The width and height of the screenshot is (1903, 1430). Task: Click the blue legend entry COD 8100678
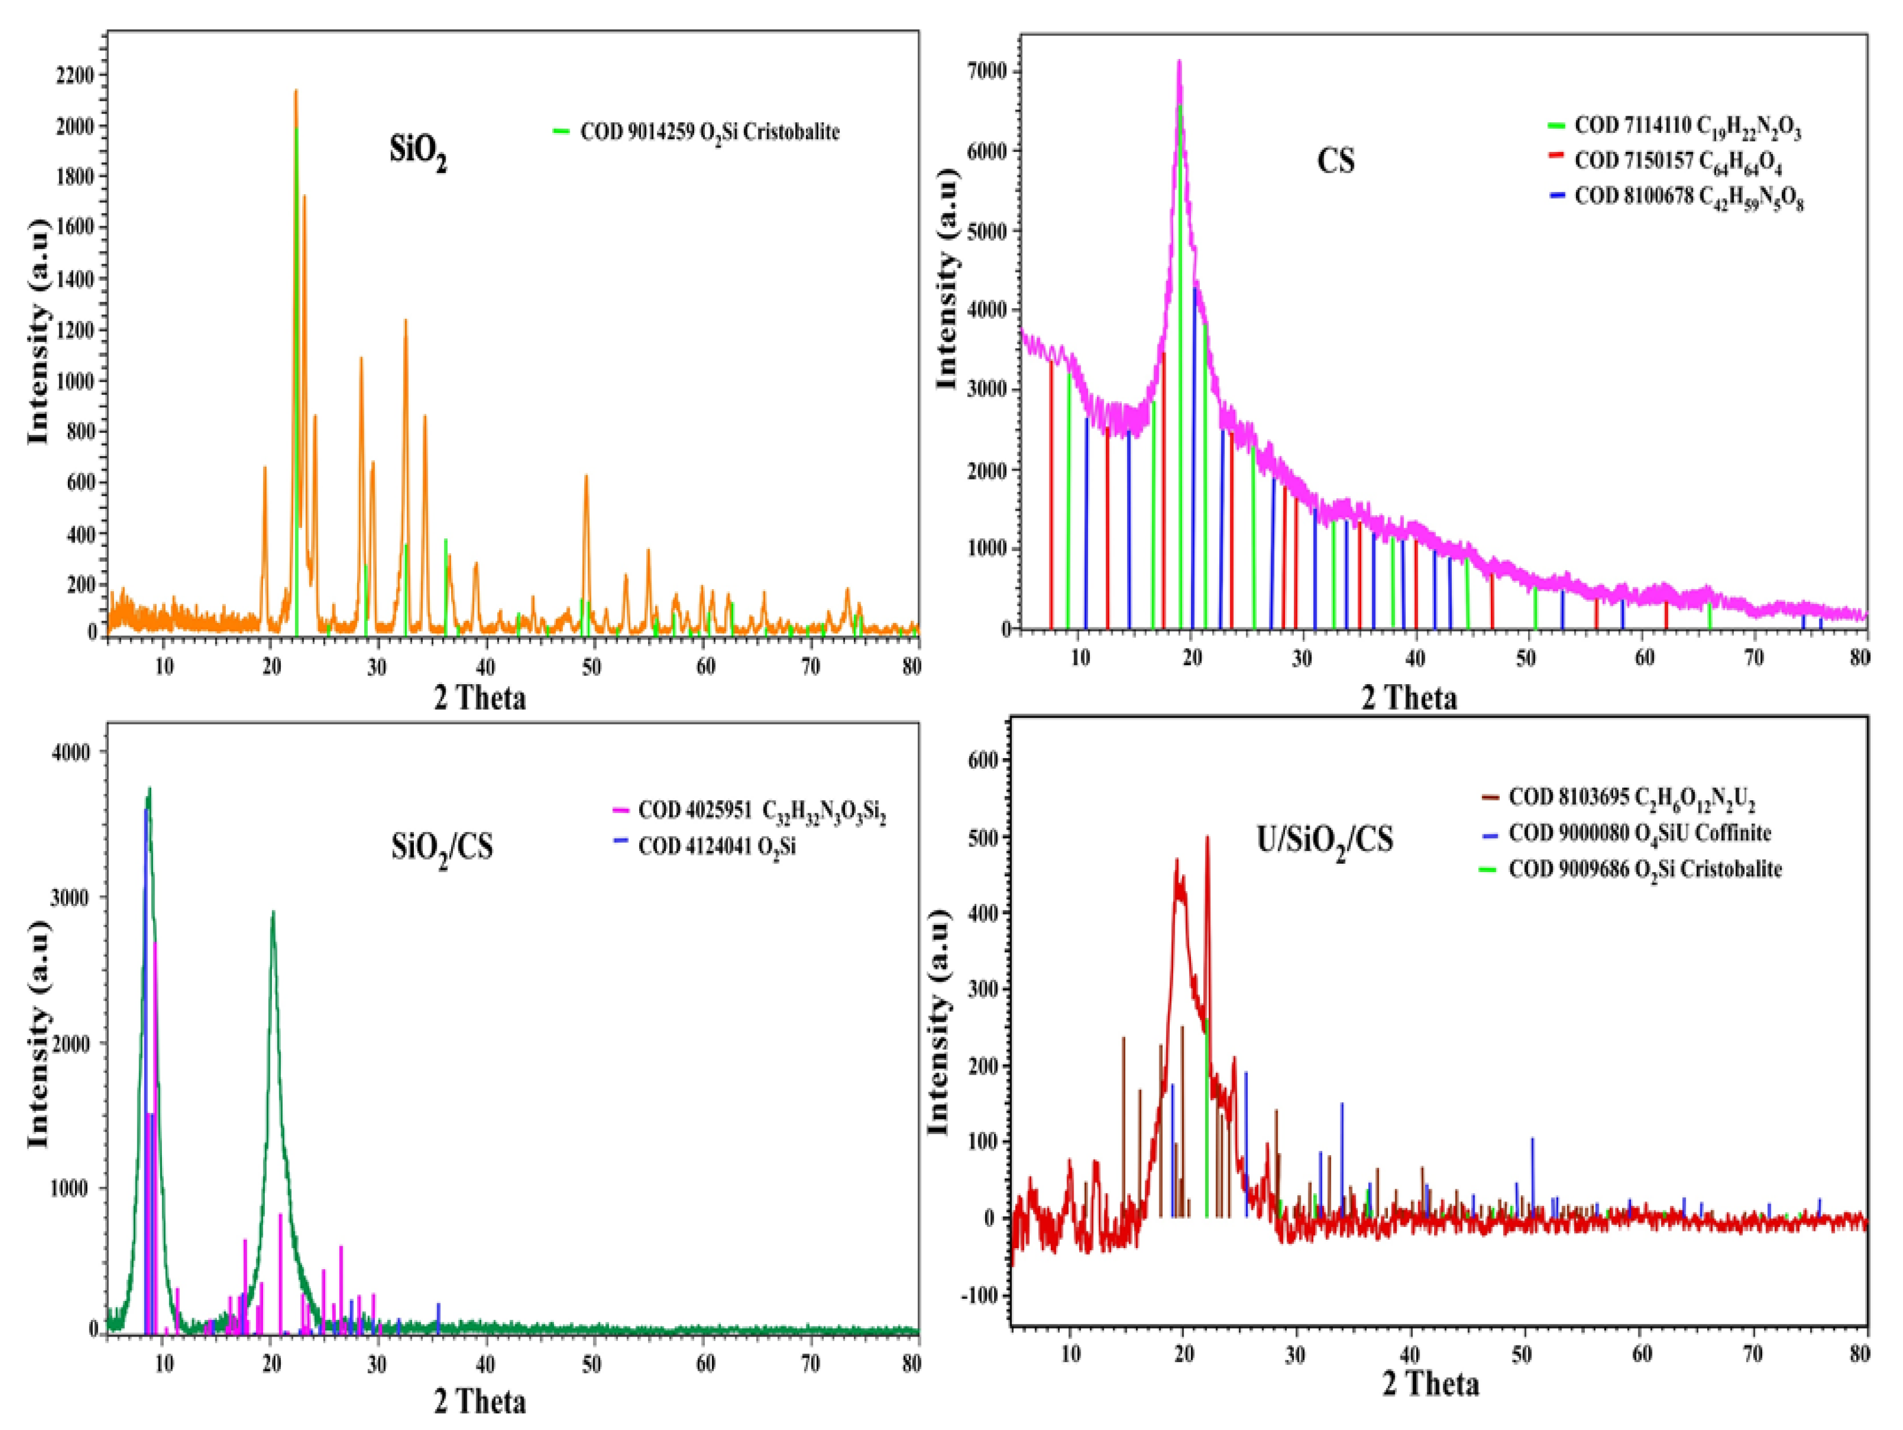pyautogui.click(x=1688, y=197)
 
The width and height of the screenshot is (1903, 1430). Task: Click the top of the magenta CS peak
pyautogui.click(x=1179, y=62)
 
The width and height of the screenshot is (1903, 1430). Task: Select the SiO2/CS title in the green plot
pyautogui.click(x=442, y=848)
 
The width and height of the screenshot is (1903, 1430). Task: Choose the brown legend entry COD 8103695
pyautogui.click(x=1630, y=798)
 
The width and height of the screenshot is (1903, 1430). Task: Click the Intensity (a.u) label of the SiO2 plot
pyautogui.click(x=39, y=330)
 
